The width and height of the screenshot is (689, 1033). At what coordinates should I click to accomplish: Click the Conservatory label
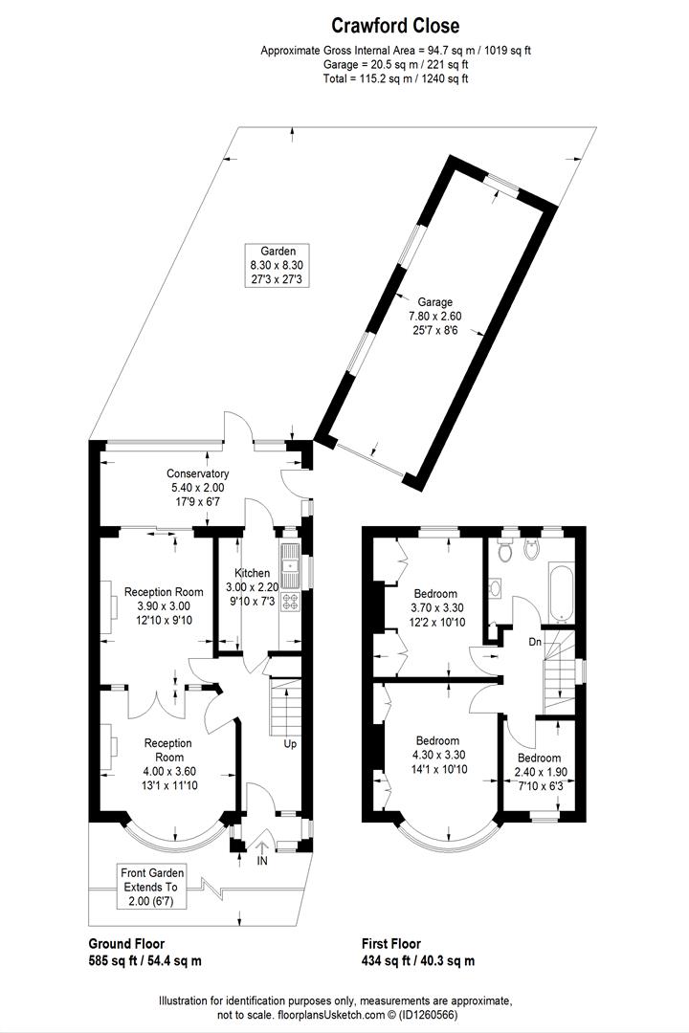click(197, 487)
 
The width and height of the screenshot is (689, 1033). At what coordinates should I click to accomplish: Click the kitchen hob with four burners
click(289, 603)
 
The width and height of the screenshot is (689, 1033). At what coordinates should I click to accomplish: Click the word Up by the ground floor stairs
click(289, 743)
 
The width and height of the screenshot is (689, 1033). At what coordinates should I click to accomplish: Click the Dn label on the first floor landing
click(536, 642)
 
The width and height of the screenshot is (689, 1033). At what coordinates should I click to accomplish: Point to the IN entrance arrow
click(262, 847)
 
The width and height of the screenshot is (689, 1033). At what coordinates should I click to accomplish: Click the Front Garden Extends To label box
click(153, 887)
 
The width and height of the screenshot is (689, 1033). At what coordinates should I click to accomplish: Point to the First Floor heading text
click(390, 943)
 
